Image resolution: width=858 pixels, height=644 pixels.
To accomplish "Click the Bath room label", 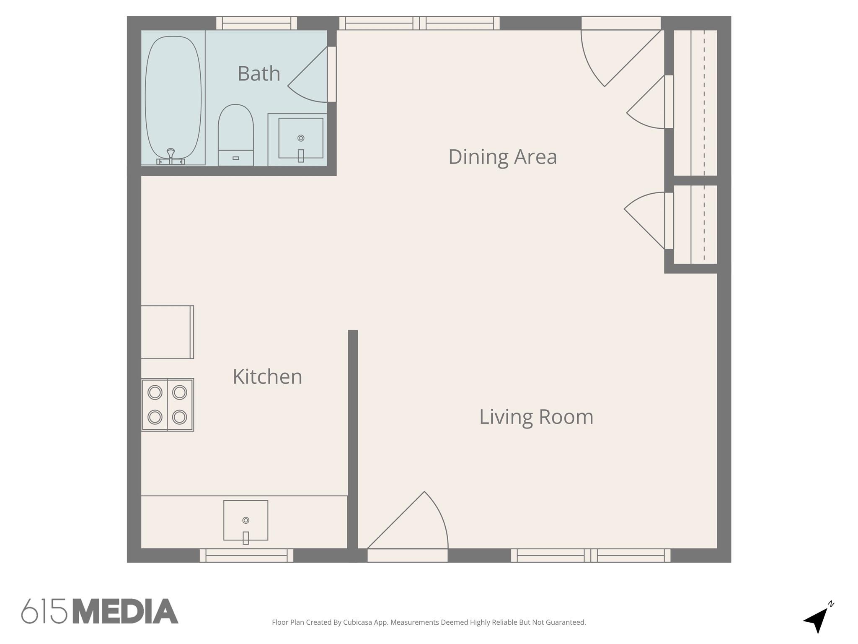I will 258,74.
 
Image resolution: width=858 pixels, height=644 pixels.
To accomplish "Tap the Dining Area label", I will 502,157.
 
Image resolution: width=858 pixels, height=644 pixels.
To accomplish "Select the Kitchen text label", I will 267,377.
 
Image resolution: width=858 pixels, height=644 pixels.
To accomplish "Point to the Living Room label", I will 536,417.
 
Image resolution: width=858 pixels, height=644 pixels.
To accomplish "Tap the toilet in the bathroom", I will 235,134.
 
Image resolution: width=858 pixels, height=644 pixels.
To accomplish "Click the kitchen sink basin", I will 246,520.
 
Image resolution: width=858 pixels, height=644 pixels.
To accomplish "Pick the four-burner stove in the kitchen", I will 167,405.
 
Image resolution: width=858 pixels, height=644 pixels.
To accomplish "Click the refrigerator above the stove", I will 167,332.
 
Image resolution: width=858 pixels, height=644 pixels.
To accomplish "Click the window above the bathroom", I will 256,23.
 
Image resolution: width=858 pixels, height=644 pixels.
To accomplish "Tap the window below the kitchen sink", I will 246,556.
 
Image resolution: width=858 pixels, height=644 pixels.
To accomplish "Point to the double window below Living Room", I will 590,556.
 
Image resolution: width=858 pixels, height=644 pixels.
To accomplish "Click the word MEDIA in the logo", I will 125,612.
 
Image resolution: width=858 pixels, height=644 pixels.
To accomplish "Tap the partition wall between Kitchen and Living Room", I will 353,440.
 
